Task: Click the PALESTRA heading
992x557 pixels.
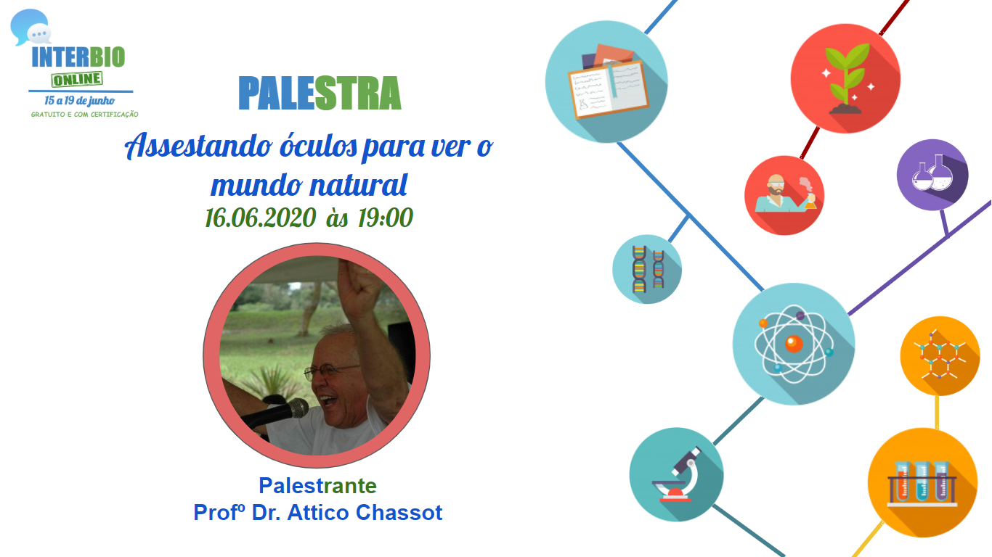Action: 320,93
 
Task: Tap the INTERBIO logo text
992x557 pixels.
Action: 78,57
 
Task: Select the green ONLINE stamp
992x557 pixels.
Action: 77,80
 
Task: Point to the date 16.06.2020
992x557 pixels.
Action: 261,218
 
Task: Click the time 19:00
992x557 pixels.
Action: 386,218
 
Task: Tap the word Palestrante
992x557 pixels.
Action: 317,486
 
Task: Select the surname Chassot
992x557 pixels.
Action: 399,513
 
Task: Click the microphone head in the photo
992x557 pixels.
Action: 297,408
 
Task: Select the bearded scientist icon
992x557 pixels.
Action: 784,195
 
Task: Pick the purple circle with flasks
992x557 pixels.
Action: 932,175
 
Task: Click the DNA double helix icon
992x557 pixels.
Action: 647,269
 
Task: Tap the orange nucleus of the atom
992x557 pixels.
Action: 794,344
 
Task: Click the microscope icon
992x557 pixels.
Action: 676,474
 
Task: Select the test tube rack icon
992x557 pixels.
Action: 922,483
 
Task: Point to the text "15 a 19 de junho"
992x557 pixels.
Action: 80,101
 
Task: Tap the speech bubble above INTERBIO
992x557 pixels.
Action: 30,27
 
